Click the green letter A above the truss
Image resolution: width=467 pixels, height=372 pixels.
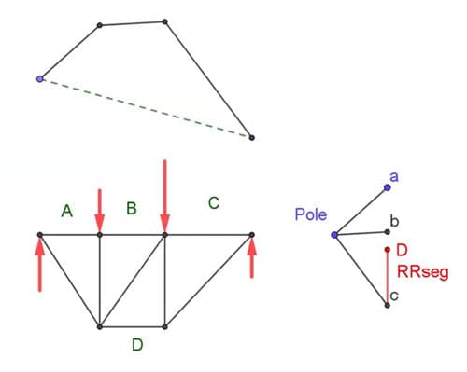(66, 212)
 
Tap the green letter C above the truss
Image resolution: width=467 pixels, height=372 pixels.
(214, 201)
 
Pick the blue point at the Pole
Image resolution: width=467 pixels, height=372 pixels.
(334, 234)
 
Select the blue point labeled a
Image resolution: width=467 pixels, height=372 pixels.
(387, 186)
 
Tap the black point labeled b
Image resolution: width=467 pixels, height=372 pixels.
(387, 231)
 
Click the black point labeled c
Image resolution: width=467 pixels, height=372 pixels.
(388, 305)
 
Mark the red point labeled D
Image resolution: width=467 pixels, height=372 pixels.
(388, 249)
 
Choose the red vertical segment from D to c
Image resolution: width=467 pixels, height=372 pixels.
(388, 277)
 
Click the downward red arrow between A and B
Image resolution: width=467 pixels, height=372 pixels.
(100, 210)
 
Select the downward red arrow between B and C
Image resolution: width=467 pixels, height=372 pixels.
(164, 196)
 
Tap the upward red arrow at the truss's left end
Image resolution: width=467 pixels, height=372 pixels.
(39, 266)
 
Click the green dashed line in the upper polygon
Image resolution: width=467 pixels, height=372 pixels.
(145, 108)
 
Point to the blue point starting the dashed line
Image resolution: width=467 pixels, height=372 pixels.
(39, 79)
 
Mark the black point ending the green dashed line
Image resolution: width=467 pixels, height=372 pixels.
(251, 137)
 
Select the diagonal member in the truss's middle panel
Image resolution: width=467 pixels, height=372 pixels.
(132, 281)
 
